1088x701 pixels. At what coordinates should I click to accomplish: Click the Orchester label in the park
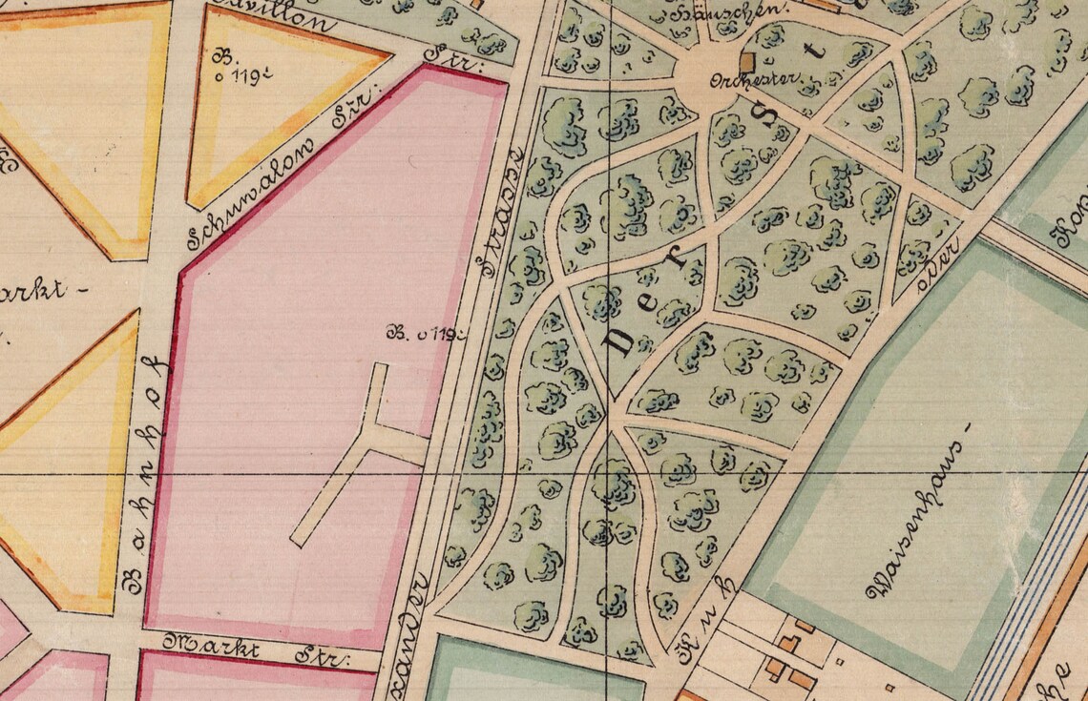(737, 81)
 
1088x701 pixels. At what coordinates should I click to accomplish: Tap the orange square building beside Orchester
(747, 61)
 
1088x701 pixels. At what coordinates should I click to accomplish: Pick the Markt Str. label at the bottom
(258, 651)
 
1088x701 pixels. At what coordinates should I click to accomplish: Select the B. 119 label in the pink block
(426, 334)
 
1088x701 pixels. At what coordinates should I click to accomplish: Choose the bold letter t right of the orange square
(816, 52)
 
